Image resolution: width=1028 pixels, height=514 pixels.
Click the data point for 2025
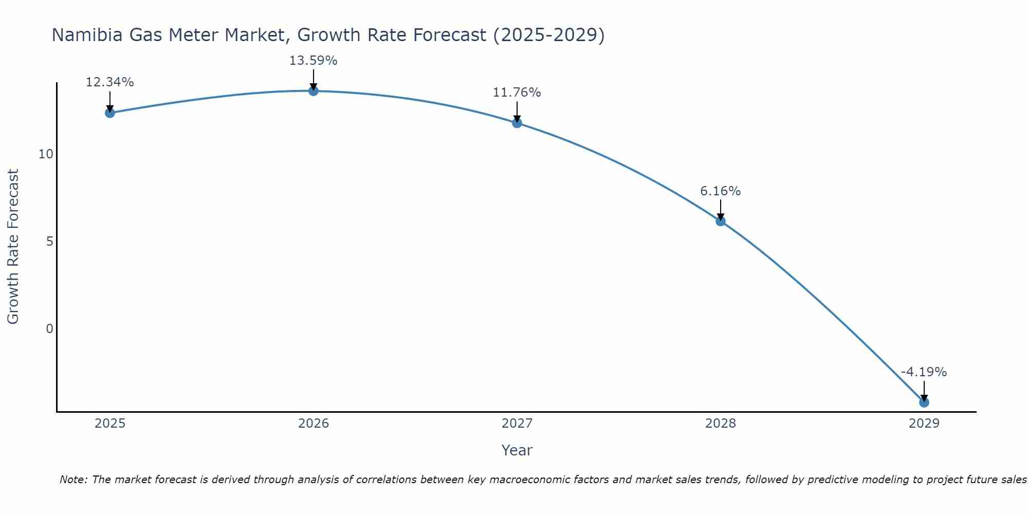click(x=109, y=113)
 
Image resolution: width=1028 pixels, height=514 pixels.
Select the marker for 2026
click(x=313, y=91)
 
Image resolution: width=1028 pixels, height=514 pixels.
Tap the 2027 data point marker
click(x=517, y=123)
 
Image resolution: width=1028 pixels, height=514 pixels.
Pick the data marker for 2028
click(x=720, y=221)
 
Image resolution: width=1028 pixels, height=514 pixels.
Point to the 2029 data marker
click(x=924, y=402)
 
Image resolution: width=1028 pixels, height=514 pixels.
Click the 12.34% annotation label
click(x=109, y=82)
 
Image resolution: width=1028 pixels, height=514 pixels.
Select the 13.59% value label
click(x=313, y=61)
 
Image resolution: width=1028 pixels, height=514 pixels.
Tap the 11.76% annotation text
click(x=517, y=93)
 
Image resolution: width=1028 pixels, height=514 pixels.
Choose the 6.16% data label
click(x=720, y=191)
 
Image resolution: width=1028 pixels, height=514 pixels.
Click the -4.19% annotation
click(x=924, y=372)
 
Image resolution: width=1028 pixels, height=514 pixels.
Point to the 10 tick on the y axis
click(x=46, y=154)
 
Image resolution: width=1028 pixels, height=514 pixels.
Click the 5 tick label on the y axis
click(x=49, y=242)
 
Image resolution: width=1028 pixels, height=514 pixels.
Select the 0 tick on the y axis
click(x=49, y=329)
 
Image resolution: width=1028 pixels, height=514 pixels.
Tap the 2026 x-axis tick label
click(x=313, y=424)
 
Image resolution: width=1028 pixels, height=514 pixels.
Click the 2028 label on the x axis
click(x=720, y=424)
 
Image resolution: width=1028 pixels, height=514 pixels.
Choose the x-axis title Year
click(x=517, y=450)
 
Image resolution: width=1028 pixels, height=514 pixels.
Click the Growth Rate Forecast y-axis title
click(x=13, y=246)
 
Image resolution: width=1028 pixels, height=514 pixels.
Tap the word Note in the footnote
click(x=74, y=480)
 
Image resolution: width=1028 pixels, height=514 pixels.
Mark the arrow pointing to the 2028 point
click(x=720, y=209)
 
